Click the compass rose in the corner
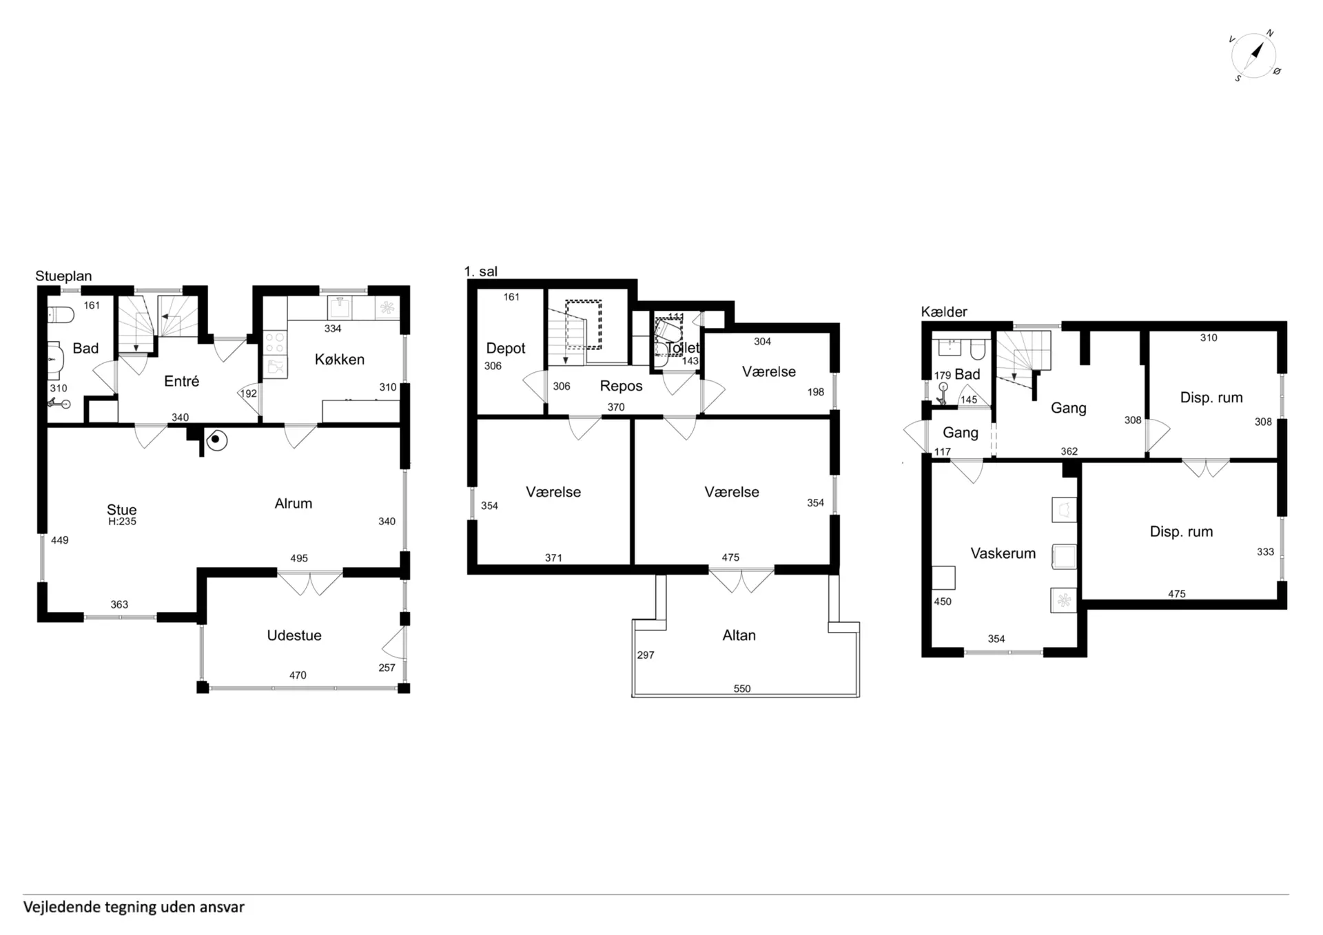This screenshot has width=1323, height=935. pos(1253,56)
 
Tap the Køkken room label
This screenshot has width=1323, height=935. pos(340,359)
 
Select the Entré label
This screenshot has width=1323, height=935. pos(182,381)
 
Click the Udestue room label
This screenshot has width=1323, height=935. pos(294,635)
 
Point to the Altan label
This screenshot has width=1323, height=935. pos(739,635)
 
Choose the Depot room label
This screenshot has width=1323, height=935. pos(506,349)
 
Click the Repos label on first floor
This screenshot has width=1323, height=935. pos(621,386)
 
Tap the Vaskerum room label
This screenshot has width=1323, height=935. pos(1003,553)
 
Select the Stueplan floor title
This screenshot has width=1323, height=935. pos(63,276)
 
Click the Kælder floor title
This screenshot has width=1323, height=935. pos(944,312)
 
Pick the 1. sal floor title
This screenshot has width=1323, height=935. pos(481,271)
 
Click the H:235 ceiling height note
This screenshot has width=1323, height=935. pos(122,522)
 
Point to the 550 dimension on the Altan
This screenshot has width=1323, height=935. pos(742,688)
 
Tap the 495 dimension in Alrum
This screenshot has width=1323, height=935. pos(299,558)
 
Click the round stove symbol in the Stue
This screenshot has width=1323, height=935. pos(216,439)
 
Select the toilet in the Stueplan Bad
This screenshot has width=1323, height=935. pos(61,315)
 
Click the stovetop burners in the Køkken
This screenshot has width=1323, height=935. pos(276,342)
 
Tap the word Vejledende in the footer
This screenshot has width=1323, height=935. pos(61,907)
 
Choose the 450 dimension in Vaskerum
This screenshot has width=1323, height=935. pos(943,602)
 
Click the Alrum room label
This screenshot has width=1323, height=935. pos(294,504)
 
